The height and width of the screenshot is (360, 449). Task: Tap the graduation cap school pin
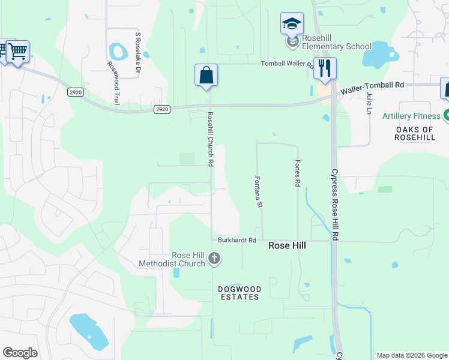click(292, 25)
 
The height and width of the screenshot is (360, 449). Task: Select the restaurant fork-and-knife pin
click(325, 68)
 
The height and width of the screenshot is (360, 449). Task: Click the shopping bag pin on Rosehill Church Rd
click(206, 76)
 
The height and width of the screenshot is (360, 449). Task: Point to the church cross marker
click(215, 259)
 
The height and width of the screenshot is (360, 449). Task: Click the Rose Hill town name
click(288, 245)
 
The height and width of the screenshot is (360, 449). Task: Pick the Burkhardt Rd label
click(237, 240)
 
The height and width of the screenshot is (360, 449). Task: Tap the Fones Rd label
click(297, 173)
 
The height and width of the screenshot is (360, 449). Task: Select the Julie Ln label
click(369, 102)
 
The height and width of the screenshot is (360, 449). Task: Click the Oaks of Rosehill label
click(414, 133)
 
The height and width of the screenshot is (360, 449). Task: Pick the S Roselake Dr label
click(137, 53)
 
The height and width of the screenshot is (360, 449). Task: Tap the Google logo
click(20, 352)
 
